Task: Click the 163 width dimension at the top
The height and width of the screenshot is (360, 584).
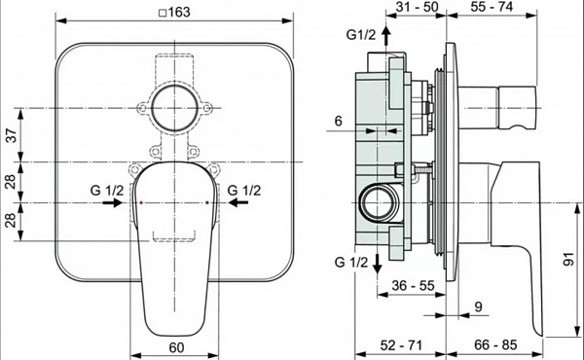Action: pos(175,11)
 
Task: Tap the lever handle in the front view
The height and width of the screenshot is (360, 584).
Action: pos(175,243)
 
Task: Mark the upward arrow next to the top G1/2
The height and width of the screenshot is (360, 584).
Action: pos(386,37)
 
